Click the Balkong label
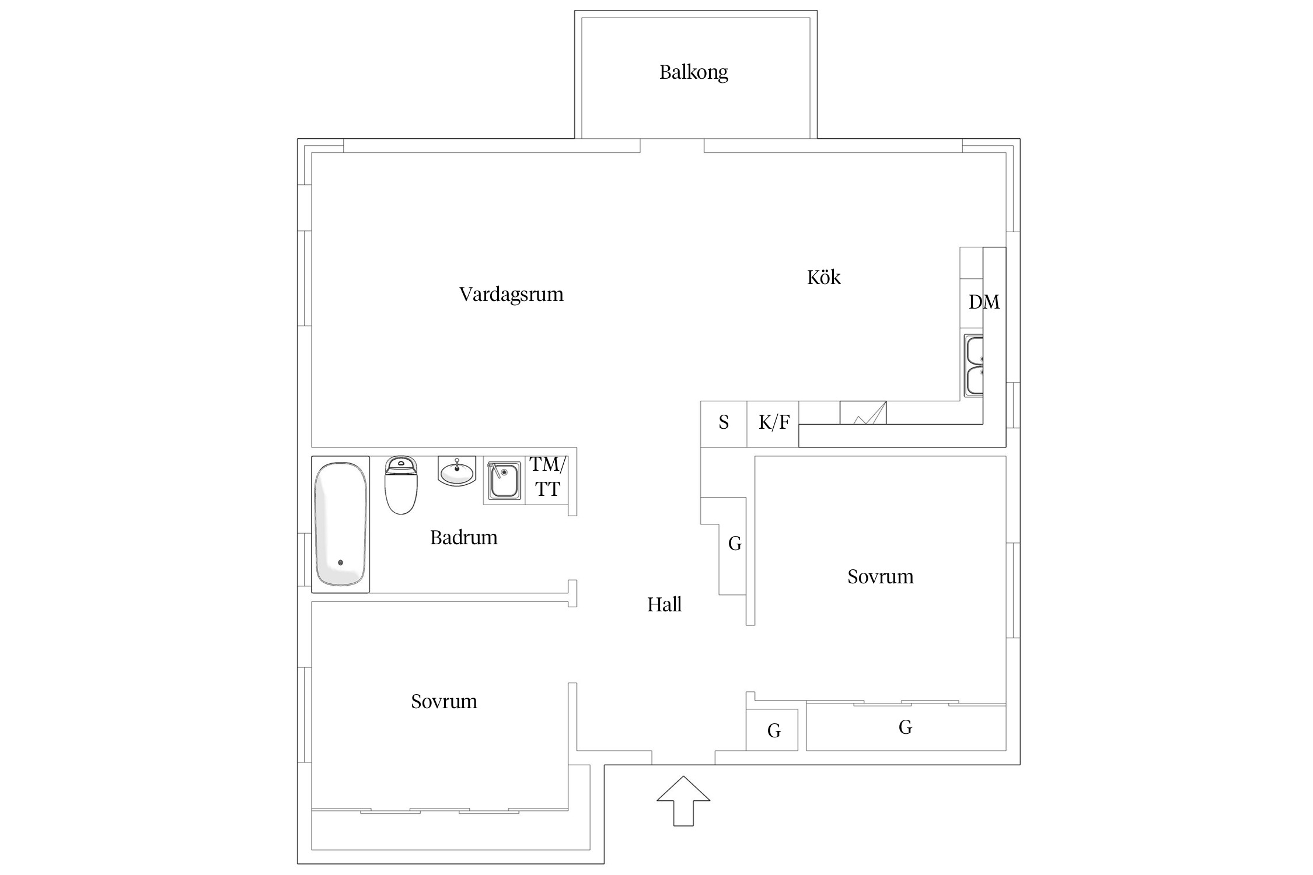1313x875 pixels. (693, 72)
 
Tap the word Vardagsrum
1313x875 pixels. (511, 294)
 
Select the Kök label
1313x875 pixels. (823, 277)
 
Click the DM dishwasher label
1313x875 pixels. (984, 302)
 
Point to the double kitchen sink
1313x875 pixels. (973, 366)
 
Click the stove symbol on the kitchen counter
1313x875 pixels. (862, 412)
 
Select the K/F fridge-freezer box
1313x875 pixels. (773, 423)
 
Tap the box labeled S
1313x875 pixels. (724, 423)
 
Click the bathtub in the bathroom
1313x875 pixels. (341, 524)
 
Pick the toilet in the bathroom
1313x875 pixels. (401, 485)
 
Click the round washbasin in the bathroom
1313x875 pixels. (457, 471)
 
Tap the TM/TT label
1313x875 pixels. (547, 477)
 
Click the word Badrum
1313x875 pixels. (463, 537)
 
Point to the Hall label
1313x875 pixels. (664, 604)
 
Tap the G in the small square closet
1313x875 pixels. (774, 730)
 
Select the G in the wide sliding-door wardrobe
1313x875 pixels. (905, 727)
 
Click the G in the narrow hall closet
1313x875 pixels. (735, 544)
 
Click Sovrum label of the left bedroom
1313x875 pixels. (444, 701)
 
